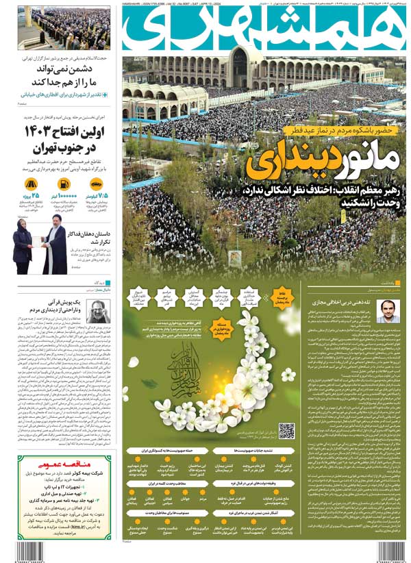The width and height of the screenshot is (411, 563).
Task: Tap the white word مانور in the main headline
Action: [x=357, y=160]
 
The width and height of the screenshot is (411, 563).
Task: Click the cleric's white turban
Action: [x=56, y=219]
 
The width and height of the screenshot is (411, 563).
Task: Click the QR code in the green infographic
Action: [x=286, y=431]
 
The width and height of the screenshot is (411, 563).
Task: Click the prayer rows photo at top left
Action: [x=64, y=27]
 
